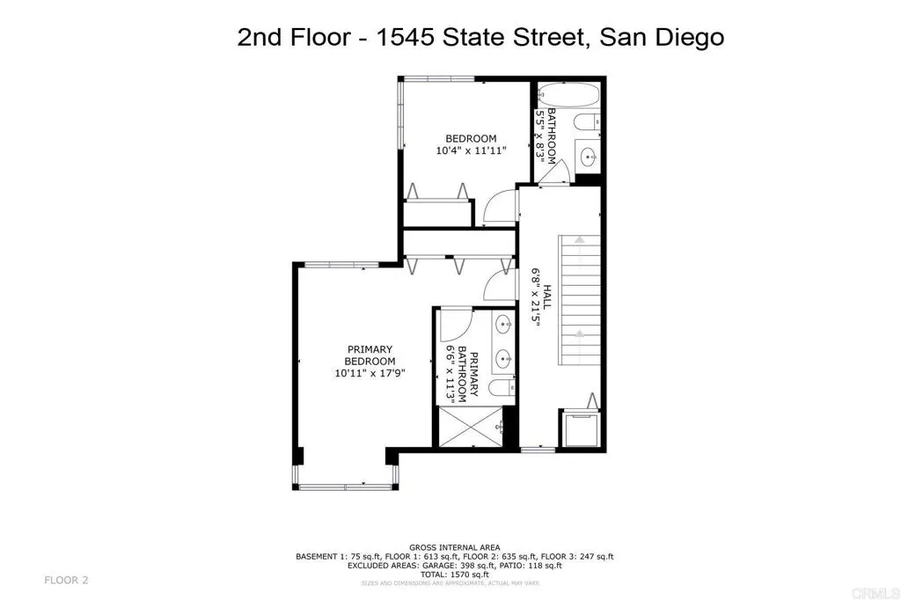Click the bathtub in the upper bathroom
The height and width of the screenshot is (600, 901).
568,95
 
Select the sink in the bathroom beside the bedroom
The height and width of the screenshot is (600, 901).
589,157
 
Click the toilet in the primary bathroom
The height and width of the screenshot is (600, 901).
499,389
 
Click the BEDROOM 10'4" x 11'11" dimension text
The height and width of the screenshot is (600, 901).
471,150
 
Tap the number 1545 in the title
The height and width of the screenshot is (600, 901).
407,38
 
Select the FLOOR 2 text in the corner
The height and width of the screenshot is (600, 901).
67,580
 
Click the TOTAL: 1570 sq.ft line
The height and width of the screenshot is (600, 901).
454,573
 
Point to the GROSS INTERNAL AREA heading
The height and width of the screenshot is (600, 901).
454,546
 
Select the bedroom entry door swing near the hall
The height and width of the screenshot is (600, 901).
497,209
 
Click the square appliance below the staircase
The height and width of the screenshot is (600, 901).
581,430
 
